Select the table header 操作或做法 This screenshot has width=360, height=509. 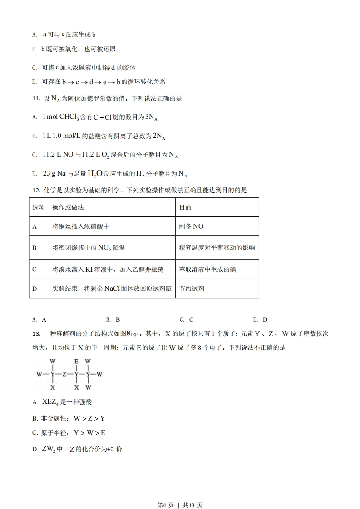68,207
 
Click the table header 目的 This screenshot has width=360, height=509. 185,207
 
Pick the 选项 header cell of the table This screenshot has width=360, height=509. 39,207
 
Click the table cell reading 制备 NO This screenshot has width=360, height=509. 192,226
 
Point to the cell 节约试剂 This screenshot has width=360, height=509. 192,288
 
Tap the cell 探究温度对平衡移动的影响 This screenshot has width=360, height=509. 217,248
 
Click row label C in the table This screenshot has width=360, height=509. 35,269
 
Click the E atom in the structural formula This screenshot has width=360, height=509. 76,362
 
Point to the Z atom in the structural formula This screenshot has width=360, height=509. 64,374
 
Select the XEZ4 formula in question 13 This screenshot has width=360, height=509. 50,402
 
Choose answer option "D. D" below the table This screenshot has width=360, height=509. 260,319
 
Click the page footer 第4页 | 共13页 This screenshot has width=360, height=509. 180,492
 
